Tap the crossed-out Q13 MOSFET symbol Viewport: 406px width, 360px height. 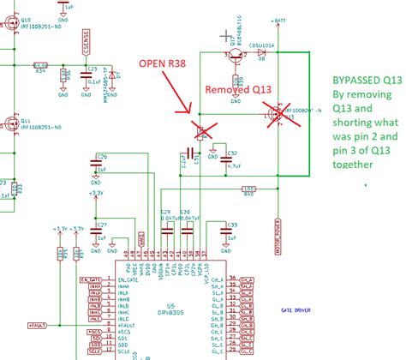tap(278, 112)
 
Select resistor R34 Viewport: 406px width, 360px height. tap(40, 65)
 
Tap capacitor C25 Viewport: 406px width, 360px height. tap(85, 75)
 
